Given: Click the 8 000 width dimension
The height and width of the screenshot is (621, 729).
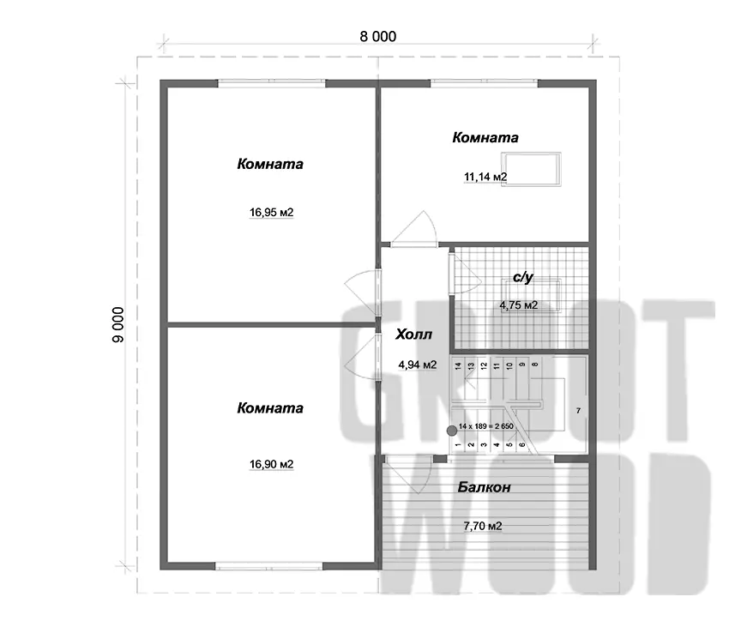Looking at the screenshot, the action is pos(378,36).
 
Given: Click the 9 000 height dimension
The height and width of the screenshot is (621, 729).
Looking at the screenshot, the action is pos(118,324).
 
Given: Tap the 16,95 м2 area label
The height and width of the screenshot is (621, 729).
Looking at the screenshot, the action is pos(272,213).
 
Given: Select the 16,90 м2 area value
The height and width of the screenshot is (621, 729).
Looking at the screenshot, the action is pos(272,464).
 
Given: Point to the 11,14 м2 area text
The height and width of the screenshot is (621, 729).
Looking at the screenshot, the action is pos(485,177).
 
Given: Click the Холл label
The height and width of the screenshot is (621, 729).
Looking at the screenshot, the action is pos(413,335).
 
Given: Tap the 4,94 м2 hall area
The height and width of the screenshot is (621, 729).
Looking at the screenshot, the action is pos(418,365).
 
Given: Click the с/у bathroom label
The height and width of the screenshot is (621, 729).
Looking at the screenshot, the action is pos(523,278).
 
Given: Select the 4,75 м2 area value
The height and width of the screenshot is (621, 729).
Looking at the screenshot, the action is pos(518,305).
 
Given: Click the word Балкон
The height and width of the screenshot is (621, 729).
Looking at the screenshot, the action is pos(484,487).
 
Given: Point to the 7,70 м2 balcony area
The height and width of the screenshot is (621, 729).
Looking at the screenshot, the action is pos(483,526).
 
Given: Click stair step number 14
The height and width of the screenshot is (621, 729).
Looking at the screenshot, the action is pos(458,365).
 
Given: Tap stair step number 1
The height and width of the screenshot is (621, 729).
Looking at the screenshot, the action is pos(458,445).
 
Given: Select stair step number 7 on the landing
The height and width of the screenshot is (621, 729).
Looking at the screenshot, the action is pos(578,411).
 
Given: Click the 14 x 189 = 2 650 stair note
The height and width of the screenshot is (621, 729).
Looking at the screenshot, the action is pos(485,426).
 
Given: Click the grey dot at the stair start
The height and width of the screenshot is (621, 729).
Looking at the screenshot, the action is pos(451,431).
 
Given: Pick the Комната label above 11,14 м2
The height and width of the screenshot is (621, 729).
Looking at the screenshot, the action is pos(485,137).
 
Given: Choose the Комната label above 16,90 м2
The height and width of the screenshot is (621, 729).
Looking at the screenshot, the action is pos(270,408).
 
